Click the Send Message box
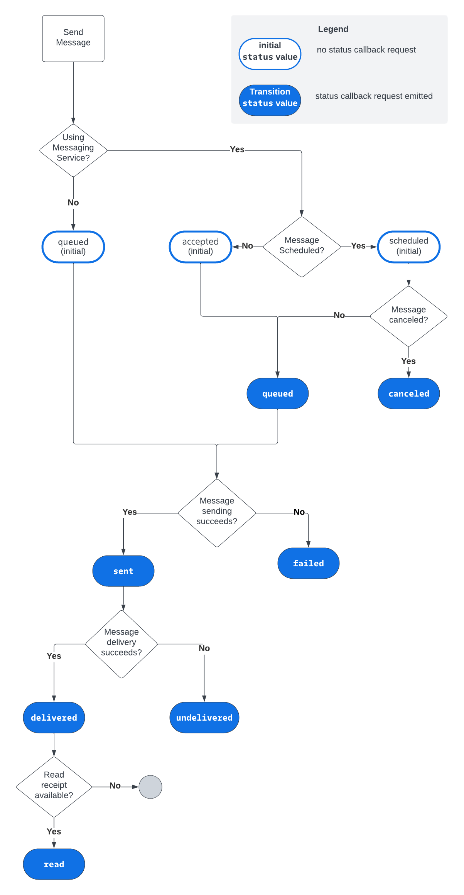coord(73,38)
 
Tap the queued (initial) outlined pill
coord(73,247)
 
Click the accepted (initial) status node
coord(200,247)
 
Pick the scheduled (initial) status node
coord(408,247)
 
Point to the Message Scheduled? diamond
coord(302,246)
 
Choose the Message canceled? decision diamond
coord(408,316)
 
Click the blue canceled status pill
coord(408,393)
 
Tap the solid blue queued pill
coord(277,393)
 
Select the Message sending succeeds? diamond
coord(217,512)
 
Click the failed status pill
coord(308,563)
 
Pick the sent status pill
coord(123,571)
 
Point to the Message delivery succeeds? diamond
coord(121,643)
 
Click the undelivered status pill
coord(204,717)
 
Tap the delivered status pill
coord(54,717)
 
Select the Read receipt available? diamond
coord(54,786)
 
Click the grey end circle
coord(150,787)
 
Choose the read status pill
coord(54,864)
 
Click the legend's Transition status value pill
coord(270,100)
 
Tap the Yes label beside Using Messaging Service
coord(237,149)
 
